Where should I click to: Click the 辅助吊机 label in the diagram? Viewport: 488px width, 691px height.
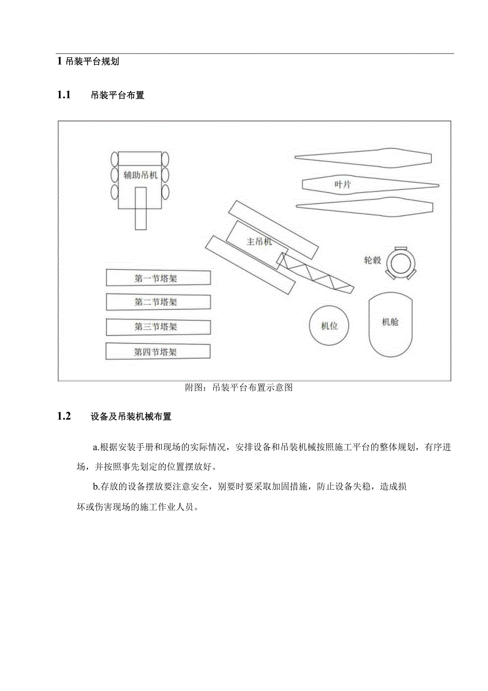141,175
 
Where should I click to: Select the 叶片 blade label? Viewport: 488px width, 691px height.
342,184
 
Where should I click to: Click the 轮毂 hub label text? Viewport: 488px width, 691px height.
372,260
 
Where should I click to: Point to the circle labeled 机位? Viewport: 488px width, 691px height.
329,326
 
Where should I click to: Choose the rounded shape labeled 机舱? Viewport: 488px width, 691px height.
390,324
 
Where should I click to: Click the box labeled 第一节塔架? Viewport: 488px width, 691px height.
158,278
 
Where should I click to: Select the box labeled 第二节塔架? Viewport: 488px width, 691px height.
158,302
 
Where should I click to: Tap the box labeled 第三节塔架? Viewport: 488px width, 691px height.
158,327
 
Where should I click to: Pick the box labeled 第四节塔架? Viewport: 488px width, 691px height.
158,352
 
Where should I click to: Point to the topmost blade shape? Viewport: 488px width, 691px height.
363,157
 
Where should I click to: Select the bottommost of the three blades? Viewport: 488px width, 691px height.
363,208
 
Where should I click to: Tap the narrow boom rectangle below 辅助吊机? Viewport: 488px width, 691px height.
141,208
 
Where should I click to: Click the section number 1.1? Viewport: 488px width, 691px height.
64,96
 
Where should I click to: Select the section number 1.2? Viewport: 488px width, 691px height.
64,416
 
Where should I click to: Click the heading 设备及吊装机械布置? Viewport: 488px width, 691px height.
131,417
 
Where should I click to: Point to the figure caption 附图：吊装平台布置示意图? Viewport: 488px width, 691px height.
239,388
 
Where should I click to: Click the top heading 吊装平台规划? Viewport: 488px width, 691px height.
92,61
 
